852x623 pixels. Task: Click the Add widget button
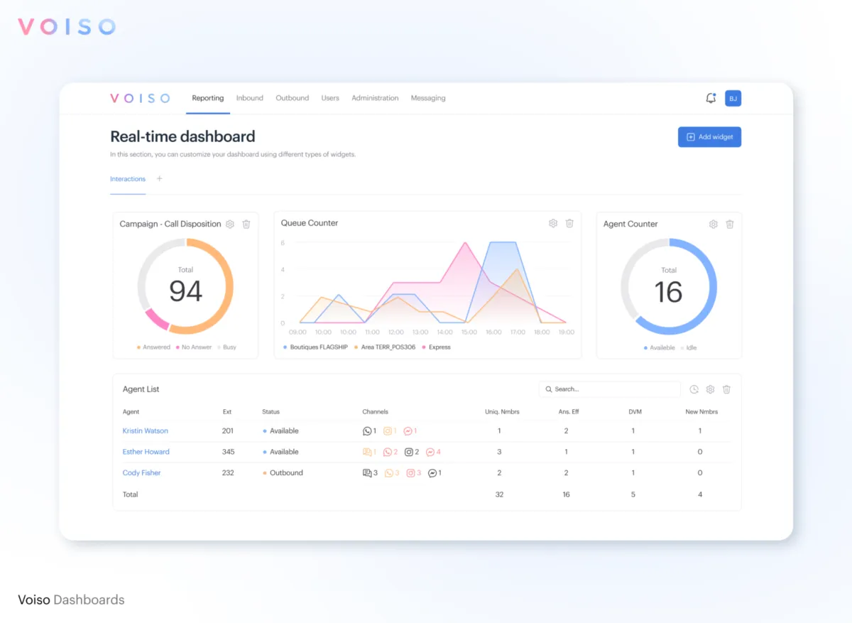(x=709, y=137)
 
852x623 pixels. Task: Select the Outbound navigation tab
(x=292, y=98)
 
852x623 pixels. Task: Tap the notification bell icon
(x=711, y=98)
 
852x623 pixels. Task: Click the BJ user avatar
(x=733, y=99)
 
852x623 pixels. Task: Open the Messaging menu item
(x=428, y=98)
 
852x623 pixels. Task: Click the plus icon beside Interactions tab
(x=159, y=179)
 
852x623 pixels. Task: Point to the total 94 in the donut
(x=185, y=291)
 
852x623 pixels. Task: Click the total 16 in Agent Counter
(x=668, y=292)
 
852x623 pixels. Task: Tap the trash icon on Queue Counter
(x=569, y=223)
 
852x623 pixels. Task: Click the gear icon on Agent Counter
(x=714, y=224)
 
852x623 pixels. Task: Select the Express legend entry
(x=439, y=347)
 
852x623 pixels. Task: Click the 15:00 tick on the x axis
(x=469, y=332)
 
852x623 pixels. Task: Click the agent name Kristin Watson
(x=145, y=431)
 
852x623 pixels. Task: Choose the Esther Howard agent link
(x=146, y=452)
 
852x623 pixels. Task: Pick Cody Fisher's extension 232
(x=228, y=473)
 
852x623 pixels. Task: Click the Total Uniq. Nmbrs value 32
(x=499, y=494)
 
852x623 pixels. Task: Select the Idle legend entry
(x=690, y=348)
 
